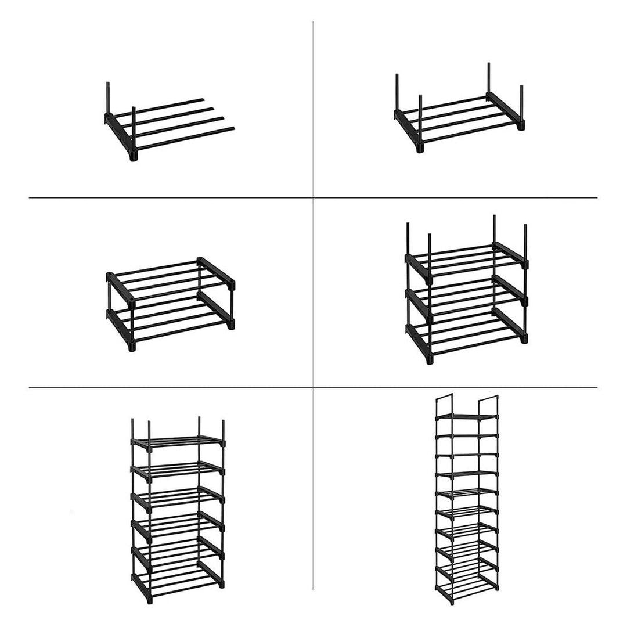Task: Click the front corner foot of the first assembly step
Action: (133, 156)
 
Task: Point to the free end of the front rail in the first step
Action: (232, 128)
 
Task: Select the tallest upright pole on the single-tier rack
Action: (488, 78)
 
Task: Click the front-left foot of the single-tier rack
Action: (420, 148)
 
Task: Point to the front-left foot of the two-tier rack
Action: (131, 348)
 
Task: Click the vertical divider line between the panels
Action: (313, 290)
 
